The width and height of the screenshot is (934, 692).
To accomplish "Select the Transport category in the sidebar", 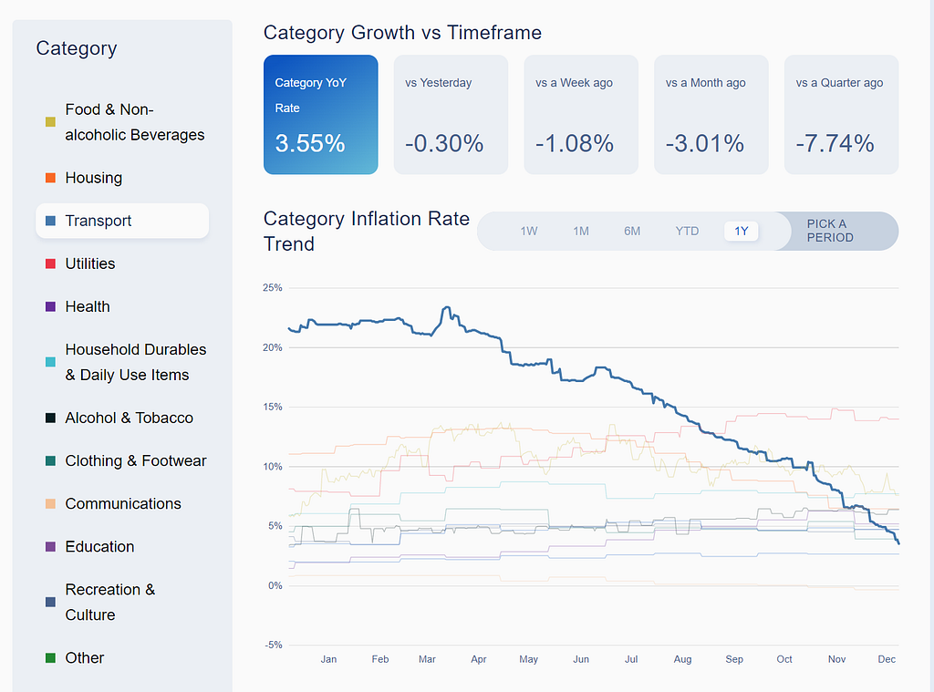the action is pos(122,221).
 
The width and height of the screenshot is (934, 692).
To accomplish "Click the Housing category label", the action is pos(94,178).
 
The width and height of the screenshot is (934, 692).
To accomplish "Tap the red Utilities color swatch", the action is pos(51,263).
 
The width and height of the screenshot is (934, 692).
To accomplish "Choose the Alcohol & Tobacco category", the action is pos(129,418).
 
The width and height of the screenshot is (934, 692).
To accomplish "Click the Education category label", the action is pos(99,547).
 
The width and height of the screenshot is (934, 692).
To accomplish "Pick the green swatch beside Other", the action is pos(51,658).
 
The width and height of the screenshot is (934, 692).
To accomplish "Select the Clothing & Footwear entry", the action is pos(136,461).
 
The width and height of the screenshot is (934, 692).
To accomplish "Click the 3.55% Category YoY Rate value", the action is pos(310,143).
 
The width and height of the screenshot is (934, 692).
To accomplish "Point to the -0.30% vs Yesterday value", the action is pos(444,143).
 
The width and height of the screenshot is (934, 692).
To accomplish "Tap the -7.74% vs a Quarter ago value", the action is pos(835,143).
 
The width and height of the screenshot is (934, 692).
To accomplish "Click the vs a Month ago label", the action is pos(705,83).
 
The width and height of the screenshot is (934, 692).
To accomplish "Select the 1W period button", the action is pos(529,231).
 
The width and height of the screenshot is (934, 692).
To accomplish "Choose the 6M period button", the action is pos(632,231).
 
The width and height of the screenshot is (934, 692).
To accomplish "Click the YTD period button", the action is pos(687,231).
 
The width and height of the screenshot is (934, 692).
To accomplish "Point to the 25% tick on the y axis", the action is pos(272,287).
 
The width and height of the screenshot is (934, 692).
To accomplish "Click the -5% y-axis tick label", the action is pos(274,645).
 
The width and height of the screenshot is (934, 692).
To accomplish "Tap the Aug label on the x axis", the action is pos(682,659).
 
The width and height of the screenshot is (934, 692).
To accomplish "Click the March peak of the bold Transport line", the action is pos(446,307).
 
